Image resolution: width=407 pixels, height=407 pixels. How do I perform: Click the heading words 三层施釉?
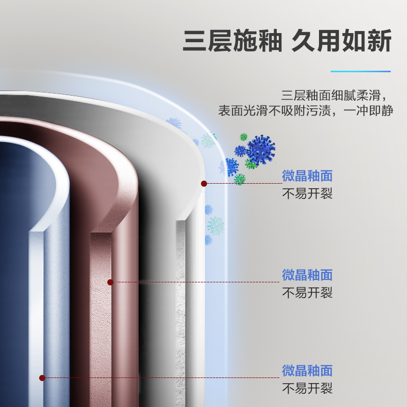[232, 41]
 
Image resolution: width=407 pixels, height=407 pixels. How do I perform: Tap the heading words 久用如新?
[341, 41]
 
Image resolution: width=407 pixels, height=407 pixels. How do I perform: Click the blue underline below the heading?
[361, 71]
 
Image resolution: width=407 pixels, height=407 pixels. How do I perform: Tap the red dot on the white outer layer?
[204, 183]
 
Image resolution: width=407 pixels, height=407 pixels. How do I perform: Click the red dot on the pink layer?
[110, 282]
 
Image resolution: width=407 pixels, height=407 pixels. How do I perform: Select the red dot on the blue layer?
[42, 377]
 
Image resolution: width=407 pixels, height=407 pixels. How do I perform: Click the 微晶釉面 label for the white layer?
[307, 176]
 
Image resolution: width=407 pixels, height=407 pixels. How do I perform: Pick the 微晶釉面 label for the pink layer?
[307, 275]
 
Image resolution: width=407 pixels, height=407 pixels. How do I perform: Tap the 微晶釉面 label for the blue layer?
[307, 370]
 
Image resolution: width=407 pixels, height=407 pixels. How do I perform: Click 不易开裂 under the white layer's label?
[307, 194]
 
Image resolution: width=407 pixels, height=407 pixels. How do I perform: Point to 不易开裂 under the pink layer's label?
[307, 293]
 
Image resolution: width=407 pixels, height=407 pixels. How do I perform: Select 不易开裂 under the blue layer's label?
[307, 388]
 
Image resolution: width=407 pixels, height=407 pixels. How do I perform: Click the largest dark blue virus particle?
[261, 149]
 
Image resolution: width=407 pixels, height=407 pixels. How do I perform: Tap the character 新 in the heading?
[379, 41]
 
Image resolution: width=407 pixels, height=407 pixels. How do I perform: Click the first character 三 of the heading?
[195, 41]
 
